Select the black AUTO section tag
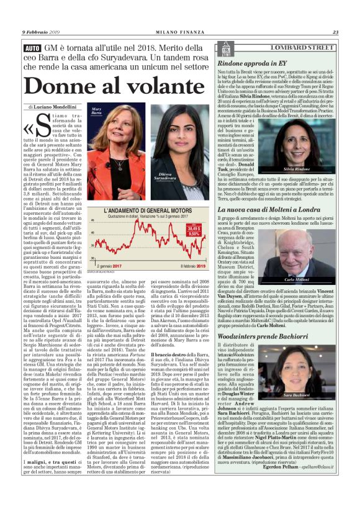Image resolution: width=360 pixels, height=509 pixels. click(32, 48)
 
